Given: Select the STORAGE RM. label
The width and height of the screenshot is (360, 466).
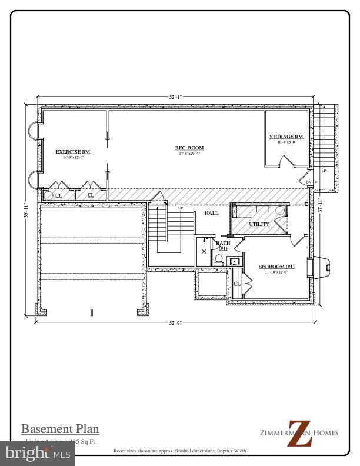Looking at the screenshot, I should point(286,137).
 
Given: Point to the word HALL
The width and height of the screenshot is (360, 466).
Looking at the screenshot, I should point(212,213).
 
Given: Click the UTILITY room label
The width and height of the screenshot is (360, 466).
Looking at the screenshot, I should point(259,224).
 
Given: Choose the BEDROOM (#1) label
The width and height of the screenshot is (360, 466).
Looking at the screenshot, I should point(276,267).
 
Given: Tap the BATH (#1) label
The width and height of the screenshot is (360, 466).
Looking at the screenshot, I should point(223,245).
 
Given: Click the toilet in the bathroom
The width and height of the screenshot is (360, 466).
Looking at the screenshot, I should point(218,261).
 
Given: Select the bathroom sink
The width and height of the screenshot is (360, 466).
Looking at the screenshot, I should point(234,261).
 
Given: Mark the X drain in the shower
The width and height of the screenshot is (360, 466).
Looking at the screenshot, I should point(204,251).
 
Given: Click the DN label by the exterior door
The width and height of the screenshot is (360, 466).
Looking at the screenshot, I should point(308,183).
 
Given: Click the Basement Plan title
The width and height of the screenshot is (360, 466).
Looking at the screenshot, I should point(60,428).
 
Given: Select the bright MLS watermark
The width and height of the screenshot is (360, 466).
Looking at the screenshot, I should point(38,452).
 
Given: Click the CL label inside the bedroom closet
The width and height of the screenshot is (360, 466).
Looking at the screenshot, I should point(237,284).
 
